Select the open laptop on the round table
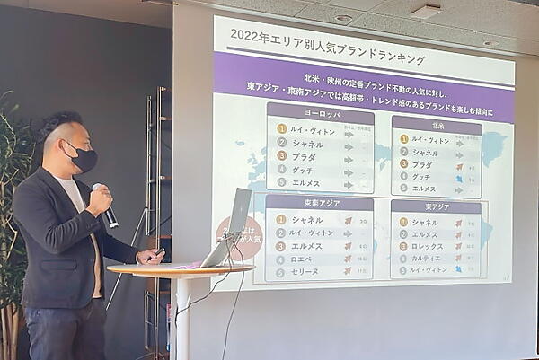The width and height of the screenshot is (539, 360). [230, 229]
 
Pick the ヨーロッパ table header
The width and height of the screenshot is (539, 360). [320, 114]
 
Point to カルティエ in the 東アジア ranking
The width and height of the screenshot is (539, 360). [429, 258]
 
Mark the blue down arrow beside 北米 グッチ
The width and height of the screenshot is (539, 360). [459, 178]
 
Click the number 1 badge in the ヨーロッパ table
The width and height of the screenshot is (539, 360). [282, 131]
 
